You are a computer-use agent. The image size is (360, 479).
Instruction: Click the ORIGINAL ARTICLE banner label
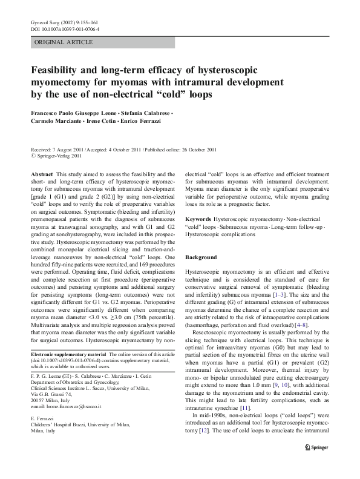pos(64,42)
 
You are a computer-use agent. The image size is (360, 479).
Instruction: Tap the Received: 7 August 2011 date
pos(55,149)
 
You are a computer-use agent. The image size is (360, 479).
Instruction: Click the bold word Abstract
pos(42,173)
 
